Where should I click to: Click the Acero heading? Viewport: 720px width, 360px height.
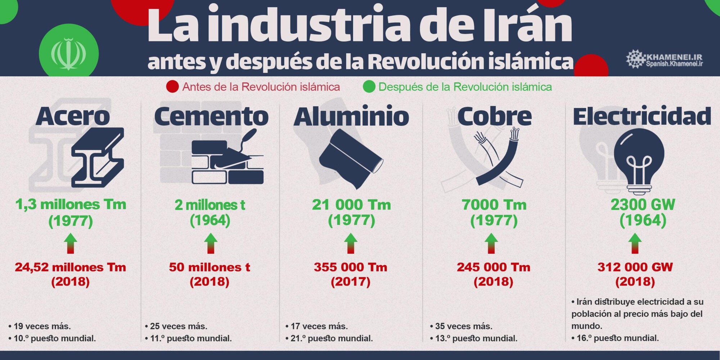73,117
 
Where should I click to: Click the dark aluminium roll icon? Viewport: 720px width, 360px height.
351,158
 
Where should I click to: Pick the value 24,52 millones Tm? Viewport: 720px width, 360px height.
71,267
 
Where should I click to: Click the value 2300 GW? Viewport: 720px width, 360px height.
643,204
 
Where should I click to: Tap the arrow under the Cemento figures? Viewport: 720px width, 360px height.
211,243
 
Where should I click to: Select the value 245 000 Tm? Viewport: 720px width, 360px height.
494,267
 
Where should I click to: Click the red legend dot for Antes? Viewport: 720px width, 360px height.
172,87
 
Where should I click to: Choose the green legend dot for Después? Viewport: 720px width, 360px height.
369,87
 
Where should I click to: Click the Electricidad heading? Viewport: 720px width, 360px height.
642,117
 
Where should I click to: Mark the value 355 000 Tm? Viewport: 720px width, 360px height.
351,267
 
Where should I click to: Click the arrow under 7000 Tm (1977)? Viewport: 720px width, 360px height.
491,243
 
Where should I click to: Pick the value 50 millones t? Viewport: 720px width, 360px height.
210,267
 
